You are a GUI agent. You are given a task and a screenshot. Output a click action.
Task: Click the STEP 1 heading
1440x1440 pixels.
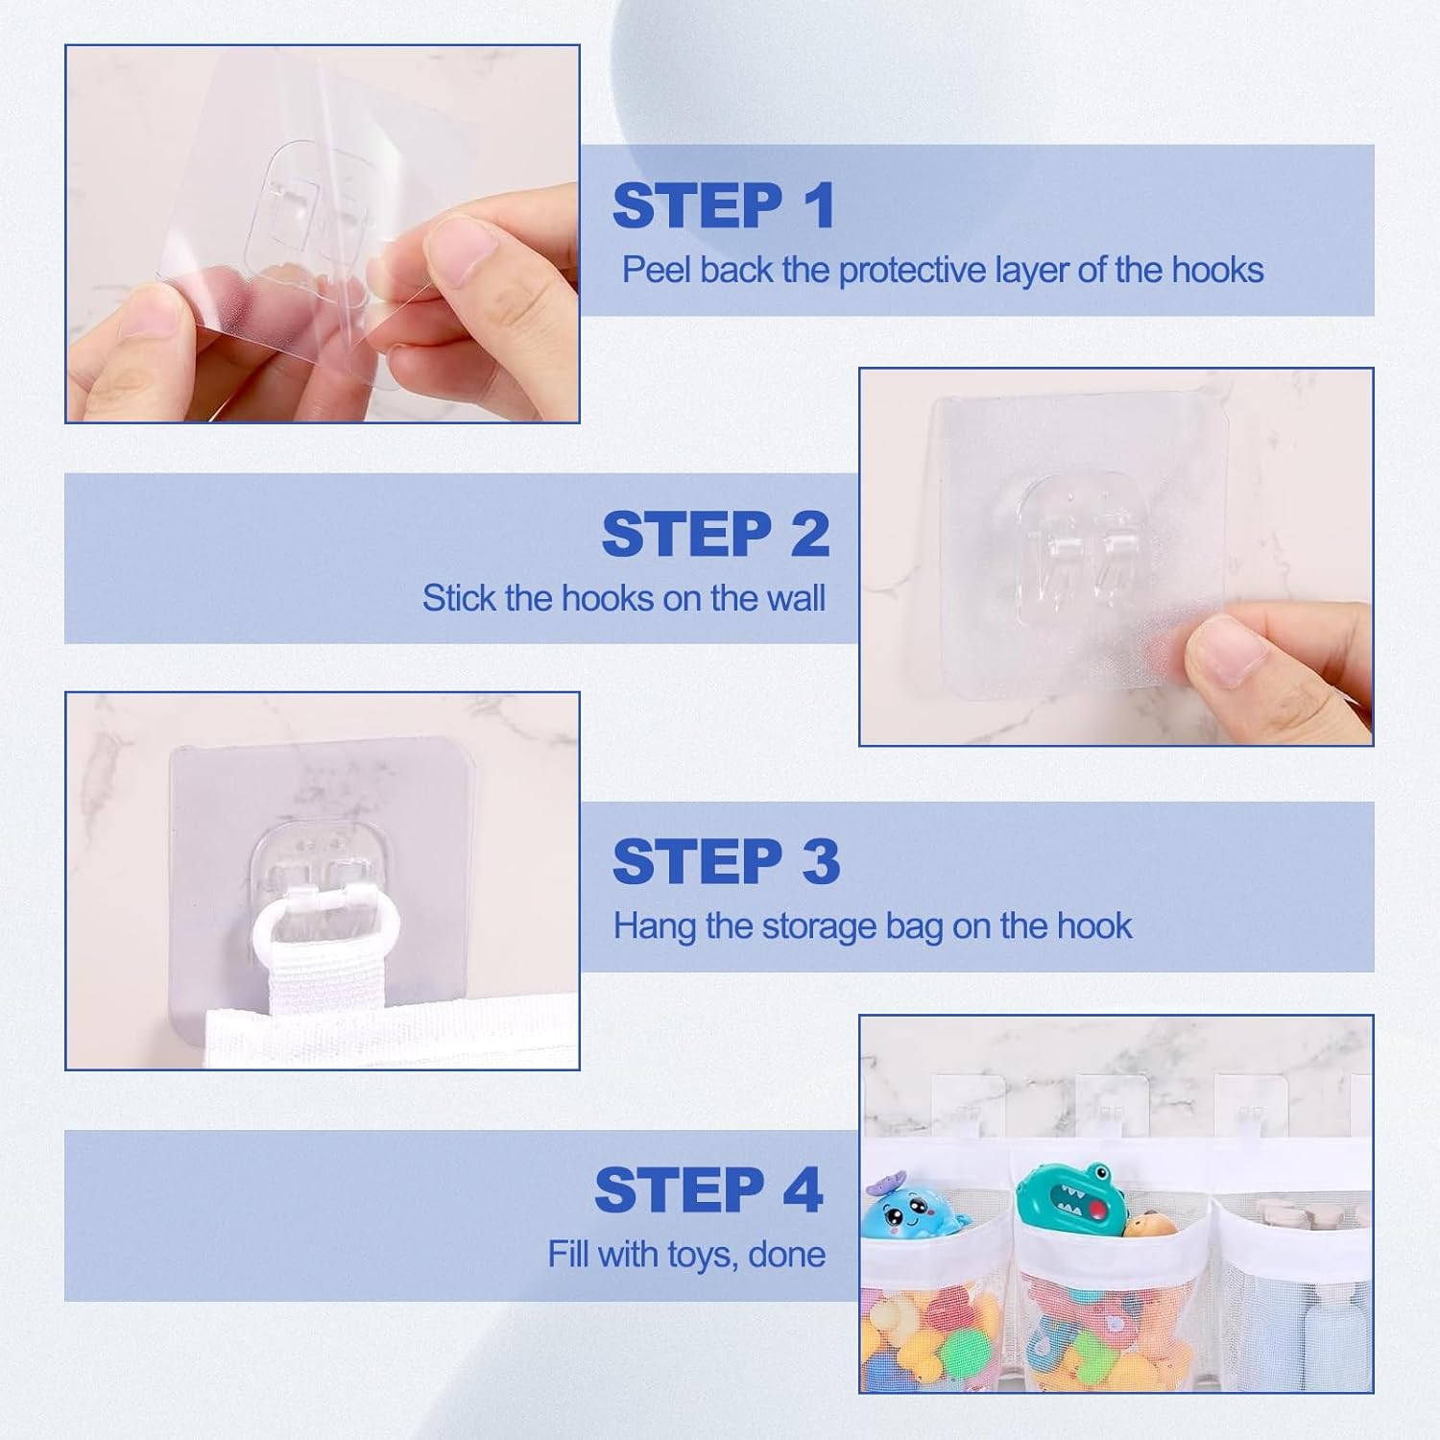[724, 205]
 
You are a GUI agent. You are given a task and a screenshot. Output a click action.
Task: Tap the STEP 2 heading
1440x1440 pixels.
[716, 534]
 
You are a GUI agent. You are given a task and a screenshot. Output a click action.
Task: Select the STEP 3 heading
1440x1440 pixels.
[727, 861]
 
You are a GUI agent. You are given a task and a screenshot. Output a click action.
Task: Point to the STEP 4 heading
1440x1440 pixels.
[709, 1189]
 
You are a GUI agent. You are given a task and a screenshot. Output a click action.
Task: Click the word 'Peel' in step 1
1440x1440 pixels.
[657, 270]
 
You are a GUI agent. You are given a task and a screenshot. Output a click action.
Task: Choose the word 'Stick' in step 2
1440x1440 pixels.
[459, 598]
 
